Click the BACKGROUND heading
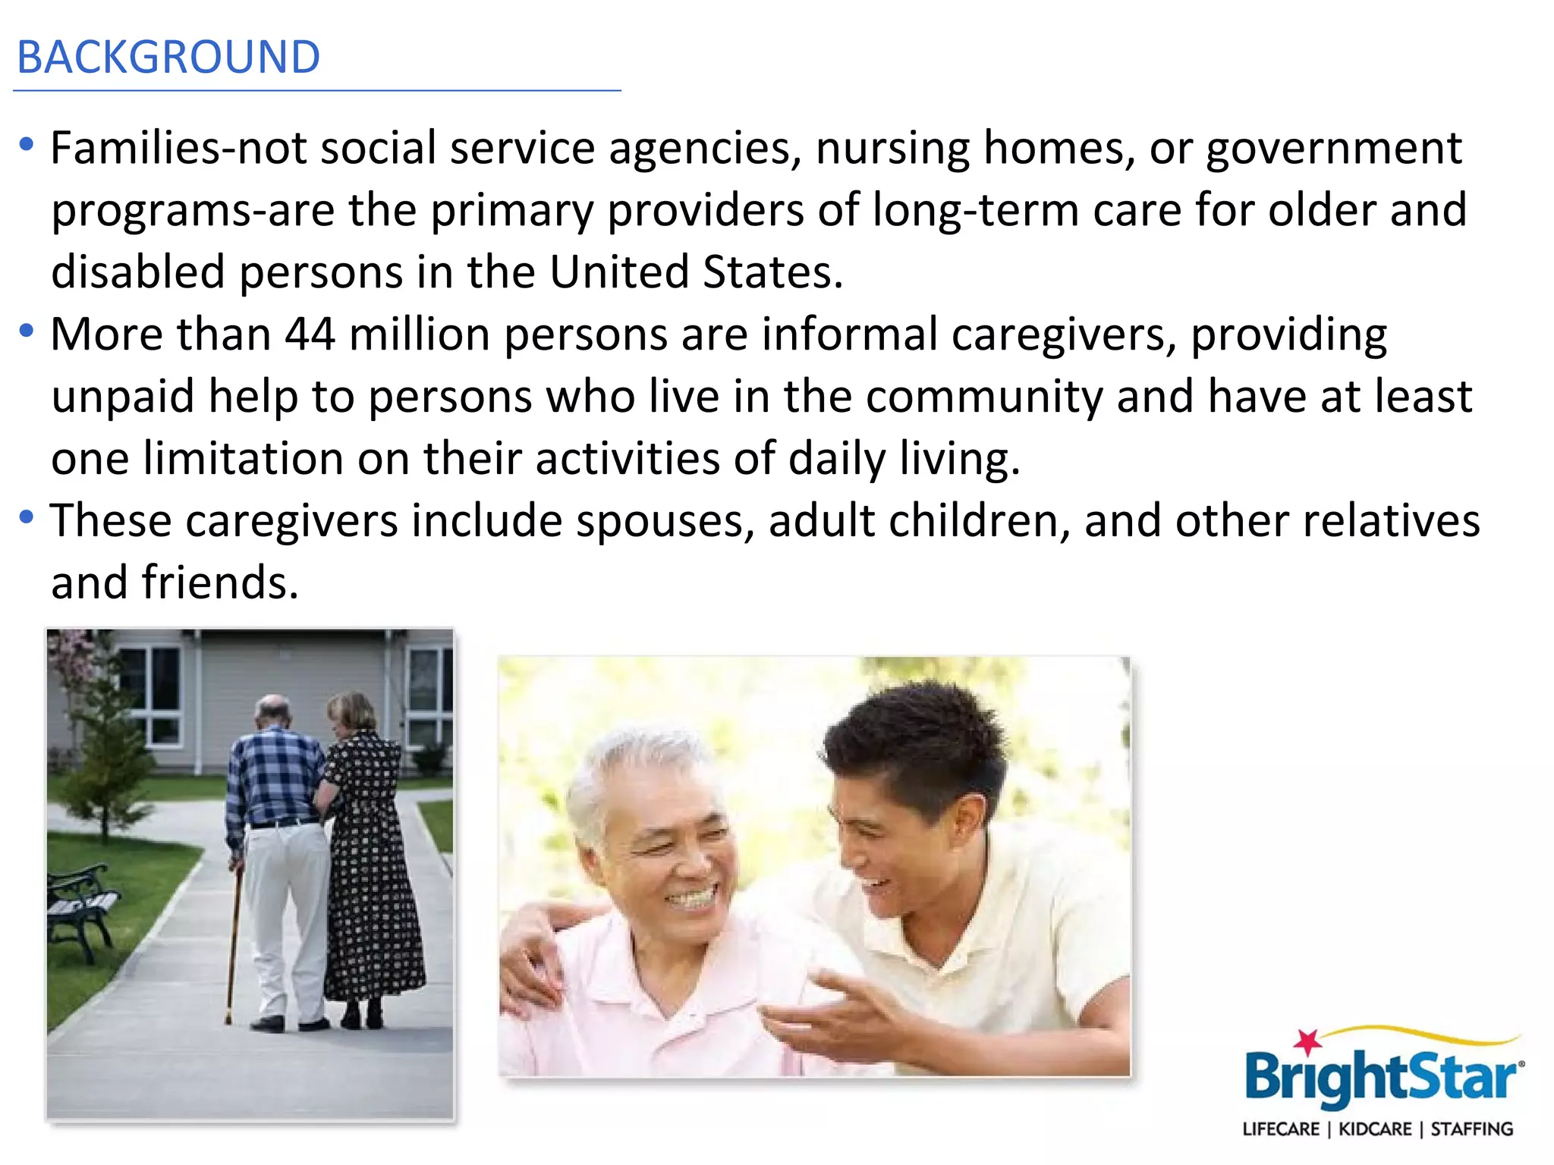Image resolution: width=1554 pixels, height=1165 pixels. click(x=168, y=58)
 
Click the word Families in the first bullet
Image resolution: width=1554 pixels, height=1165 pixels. click(x=137, y=148)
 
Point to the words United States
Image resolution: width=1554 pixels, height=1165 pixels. click(x=695, y=272)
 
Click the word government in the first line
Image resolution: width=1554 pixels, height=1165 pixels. click(x=1333, y=148)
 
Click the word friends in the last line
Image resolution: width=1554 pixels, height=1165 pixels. click(x=219, y=583)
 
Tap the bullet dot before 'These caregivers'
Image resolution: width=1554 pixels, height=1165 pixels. click(x=27, y=517)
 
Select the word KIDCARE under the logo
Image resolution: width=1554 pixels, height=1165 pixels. click(x=1374, y=1129)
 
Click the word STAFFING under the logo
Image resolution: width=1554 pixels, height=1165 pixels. click(x=1471, y=1129)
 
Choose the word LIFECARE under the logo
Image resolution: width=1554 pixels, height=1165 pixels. click(x=1281, y=1129)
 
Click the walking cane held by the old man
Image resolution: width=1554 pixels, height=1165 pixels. click(x=233, y=948)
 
